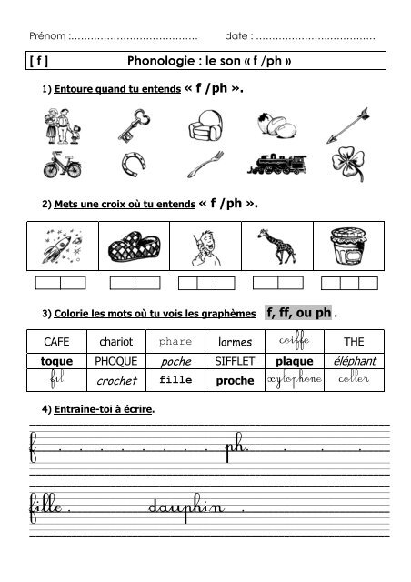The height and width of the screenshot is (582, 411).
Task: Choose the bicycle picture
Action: (x=62, y=166)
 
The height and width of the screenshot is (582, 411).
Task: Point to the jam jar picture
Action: (x=349, y=244)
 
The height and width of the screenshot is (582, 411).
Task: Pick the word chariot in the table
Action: (x=115, y=341)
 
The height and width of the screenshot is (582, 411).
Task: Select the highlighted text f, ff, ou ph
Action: (x=297, y=313)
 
